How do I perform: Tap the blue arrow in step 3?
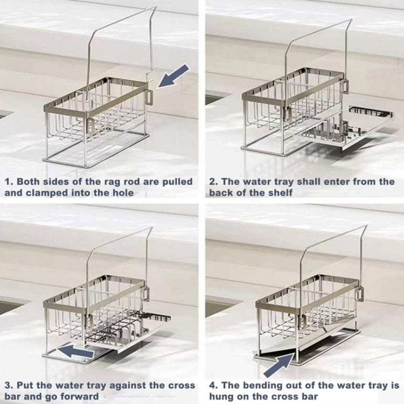[75, 351]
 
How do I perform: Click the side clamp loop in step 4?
[360, 294]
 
